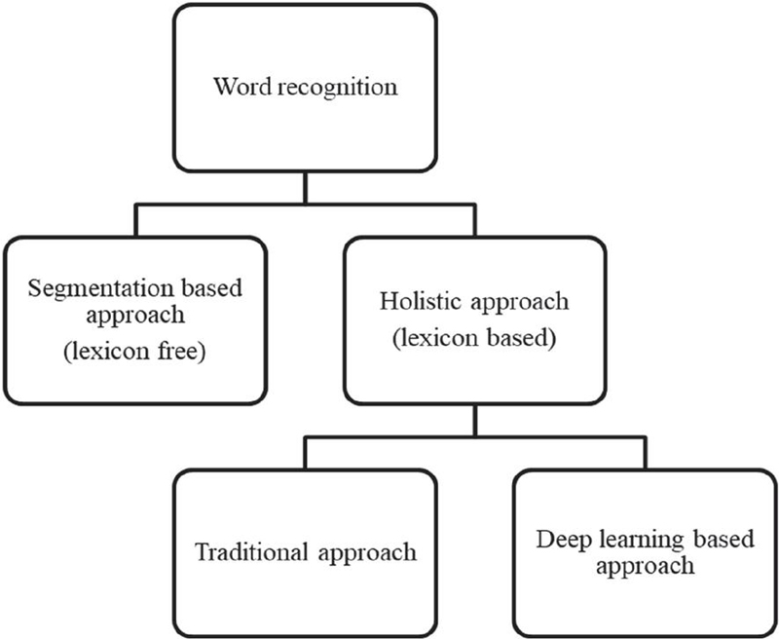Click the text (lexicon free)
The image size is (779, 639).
[x=135, y=353]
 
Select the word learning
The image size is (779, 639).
[x=624, y=541]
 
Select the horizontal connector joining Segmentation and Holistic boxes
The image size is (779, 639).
[x=305, y=207]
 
